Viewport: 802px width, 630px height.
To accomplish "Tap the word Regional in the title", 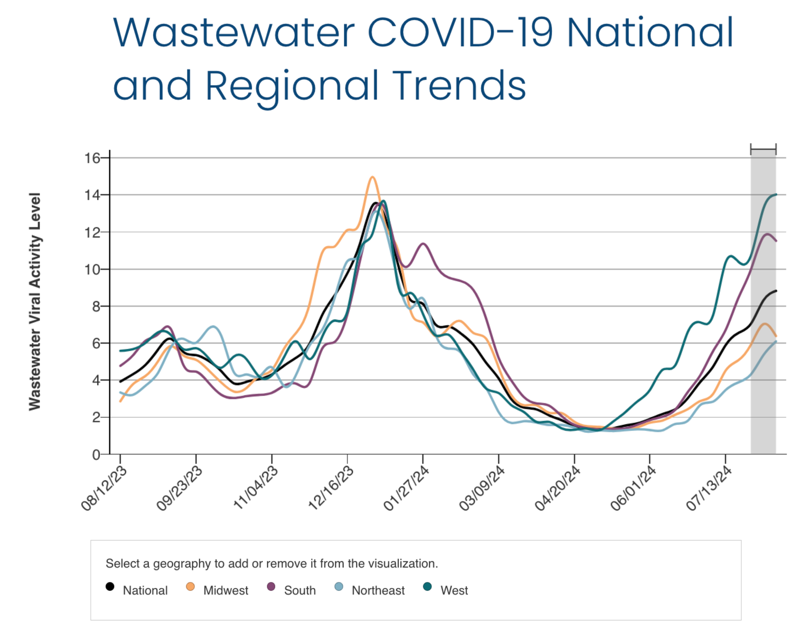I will tap(292, 86).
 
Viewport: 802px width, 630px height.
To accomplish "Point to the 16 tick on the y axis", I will tap(92, 158).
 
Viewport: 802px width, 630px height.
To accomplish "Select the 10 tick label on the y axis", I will tap(92, 269).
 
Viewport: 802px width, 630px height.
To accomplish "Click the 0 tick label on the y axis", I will tap(95, 455).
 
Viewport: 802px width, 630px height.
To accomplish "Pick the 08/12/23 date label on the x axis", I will tap(104, 488).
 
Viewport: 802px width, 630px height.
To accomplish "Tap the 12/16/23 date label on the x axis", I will tap(331, 488).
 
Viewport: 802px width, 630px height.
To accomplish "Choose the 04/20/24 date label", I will tap(558, 488).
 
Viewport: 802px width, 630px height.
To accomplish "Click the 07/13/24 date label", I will tap(709, 488).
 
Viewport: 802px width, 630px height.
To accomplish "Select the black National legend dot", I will tap(110, 587).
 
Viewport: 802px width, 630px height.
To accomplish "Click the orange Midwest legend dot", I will tap(190, 587).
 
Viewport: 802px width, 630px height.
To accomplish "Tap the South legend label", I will tap(300, 590).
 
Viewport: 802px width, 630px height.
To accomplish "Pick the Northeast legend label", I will tap(378, 590).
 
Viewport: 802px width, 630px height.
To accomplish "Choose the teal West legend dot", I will tap(427, 587).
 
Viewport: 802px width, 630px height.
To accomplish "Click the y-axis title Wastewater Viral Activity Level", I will tap(35, 302).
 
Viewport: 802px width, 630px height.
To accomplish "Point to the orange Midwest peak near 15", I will tap(373, 177).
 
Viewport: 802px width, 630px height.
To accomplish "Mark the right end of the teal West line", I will tap(776, 194).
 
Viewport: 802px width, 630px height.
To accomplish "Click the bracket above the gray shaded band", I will tap(763, 149).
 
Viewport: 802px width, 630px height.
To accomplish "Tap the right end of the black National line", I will tap(776, 291).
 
